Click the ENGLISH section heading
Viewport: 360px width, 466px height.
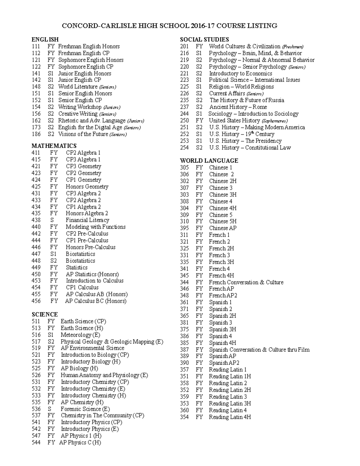45,40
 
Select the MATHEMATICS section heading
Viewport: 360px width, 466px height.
54,146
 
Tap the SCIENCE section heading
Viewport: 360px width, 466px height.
45,314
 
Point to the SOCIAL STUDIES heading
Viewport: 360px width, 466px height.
204,40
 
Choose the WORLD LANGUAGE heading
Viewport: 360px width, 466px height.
209,161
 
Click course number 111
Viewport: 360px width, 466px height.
36,47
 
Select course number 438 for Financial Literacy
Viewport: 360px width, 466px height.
36,220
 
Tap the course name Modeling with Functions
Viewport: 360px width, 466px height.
96,227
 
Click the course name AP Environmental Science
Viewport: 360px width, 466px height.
92,348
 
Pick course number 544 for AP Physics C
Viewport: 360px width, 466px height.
36,443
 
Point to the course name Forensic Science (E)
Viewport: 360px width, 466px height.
85,409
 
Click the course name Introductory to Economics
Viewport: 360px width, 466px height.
241,74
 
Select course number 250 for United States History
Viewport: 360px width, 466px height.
184,121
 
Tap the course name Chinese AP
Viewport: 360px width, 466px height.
223,228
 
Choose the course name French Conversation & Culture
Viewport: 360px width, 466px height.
246,282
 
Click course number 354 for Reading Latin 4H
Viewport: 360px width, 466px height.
184,417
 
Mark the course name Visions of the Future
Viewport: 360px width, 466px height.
83,134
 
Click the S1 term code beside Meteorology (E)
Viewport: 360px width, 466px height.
51,335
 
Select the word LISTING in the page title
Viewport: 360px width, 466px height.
264,26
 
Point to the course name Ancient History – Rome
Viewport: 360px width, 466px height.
238,107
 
